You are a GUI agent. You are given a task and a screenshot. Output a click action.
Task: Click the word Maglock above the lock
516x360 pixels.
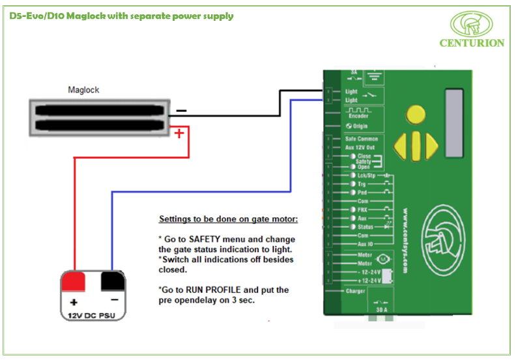click(83, 90)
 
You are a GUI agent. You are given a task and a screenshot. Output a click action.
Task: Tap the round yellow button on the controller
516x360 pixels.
click(415, 116)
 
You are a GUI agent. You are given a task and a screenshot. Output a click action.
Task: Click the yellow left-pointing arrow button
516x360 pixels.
click(402, 143)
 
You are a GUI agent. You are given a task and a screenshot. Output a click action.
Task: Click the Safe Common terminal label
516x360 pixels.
click(361, 139)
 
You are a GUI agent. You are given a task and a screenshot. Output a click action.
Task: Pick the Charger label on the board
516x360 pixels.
click(355, 291)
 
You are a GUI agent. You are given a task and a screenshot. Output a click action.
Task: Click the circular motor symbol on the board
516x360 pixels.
click(382, 259)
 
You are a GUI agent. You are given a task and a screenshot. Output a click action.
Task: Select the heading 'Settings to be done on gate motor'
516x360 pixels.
click(229, 218)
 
